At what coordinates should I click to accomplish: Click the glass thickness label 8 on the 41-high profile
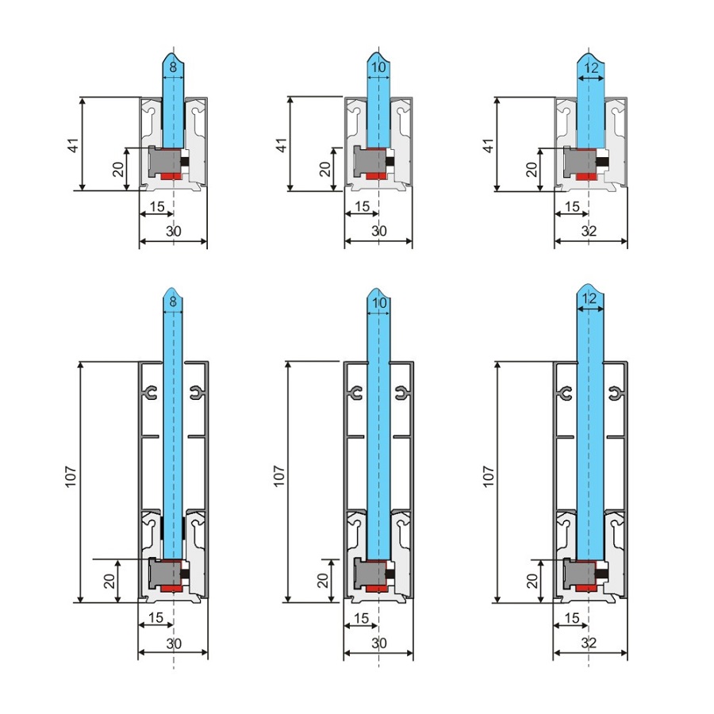(173, 67)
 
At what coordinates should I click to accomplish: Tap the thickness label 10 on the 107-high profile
(379, 303)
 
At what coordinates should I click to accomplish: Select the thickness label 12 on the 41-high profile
(590, 68)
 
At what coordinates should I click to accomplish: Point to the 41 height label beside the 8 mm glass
(73, 145)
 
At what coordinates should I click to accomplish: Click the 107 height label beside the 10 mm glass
(278, 476)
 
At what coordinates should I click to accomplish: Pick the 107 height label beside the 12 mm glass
(488, 476)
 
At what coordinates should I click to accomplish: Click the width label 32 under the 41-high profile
(589, 231)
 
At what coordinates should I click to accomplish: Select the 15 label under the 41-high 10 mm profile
(362, 206)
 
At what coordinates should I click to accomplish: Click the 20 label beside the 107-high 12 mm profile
(532, 581)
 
